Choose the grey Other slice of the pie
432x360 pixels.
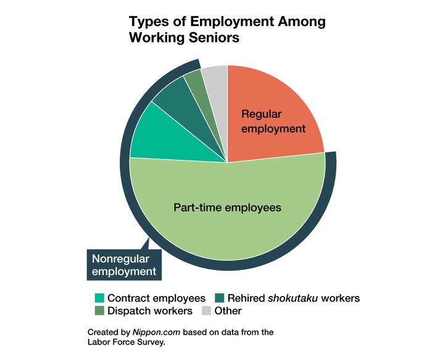(x=215, y=76)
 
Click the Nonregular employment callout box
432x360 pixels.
(x=123, y=264)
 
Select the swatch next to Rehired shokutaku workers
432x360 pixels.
(x=218, y=298)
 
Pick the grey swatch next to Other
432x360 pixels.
(x=206, y=311)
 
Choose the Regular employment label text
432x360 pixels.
(x=273, y=121)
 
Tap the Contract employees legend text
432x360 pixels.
(x=157, y=298)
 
